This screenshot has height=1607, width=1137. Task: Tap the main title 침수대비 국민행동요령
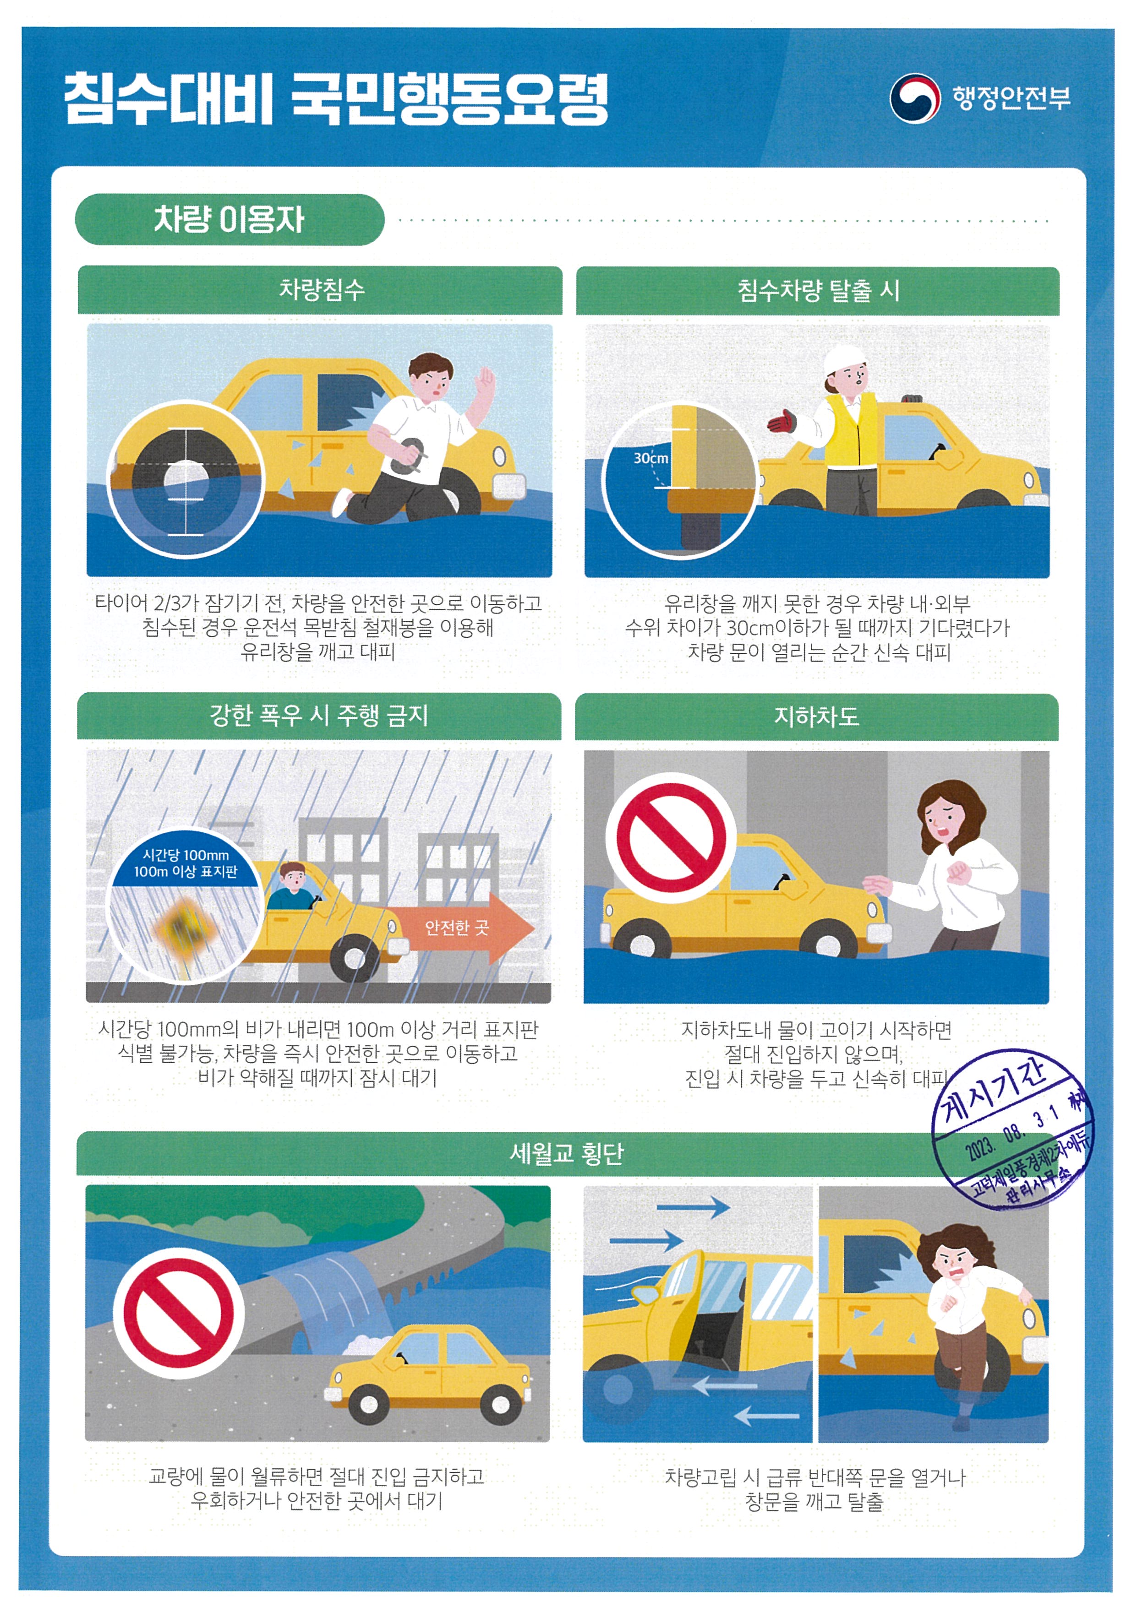336,99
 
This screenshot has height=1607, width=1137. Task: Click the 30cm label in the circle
650,458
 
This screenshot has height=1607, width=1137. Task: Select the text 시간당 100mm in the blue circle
186,855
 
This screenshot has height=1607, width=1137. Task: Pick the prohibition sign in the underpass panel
670,838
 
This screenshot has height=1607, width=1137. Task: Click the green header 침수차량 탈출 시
817,290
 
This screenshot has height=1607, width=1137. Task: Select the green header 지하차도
816,716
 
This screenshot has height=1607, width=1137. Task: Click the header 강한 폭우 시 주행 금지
318,715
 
